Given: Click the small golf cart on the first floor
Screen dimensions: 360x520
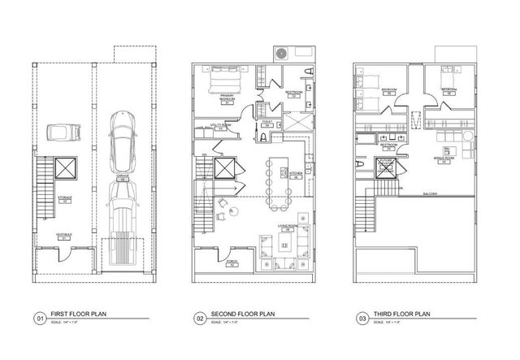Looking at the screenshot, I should click(x=58, y=132).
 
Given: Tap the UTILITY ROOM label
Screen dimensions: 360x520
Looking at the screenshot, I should click(x=219, y=126).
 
